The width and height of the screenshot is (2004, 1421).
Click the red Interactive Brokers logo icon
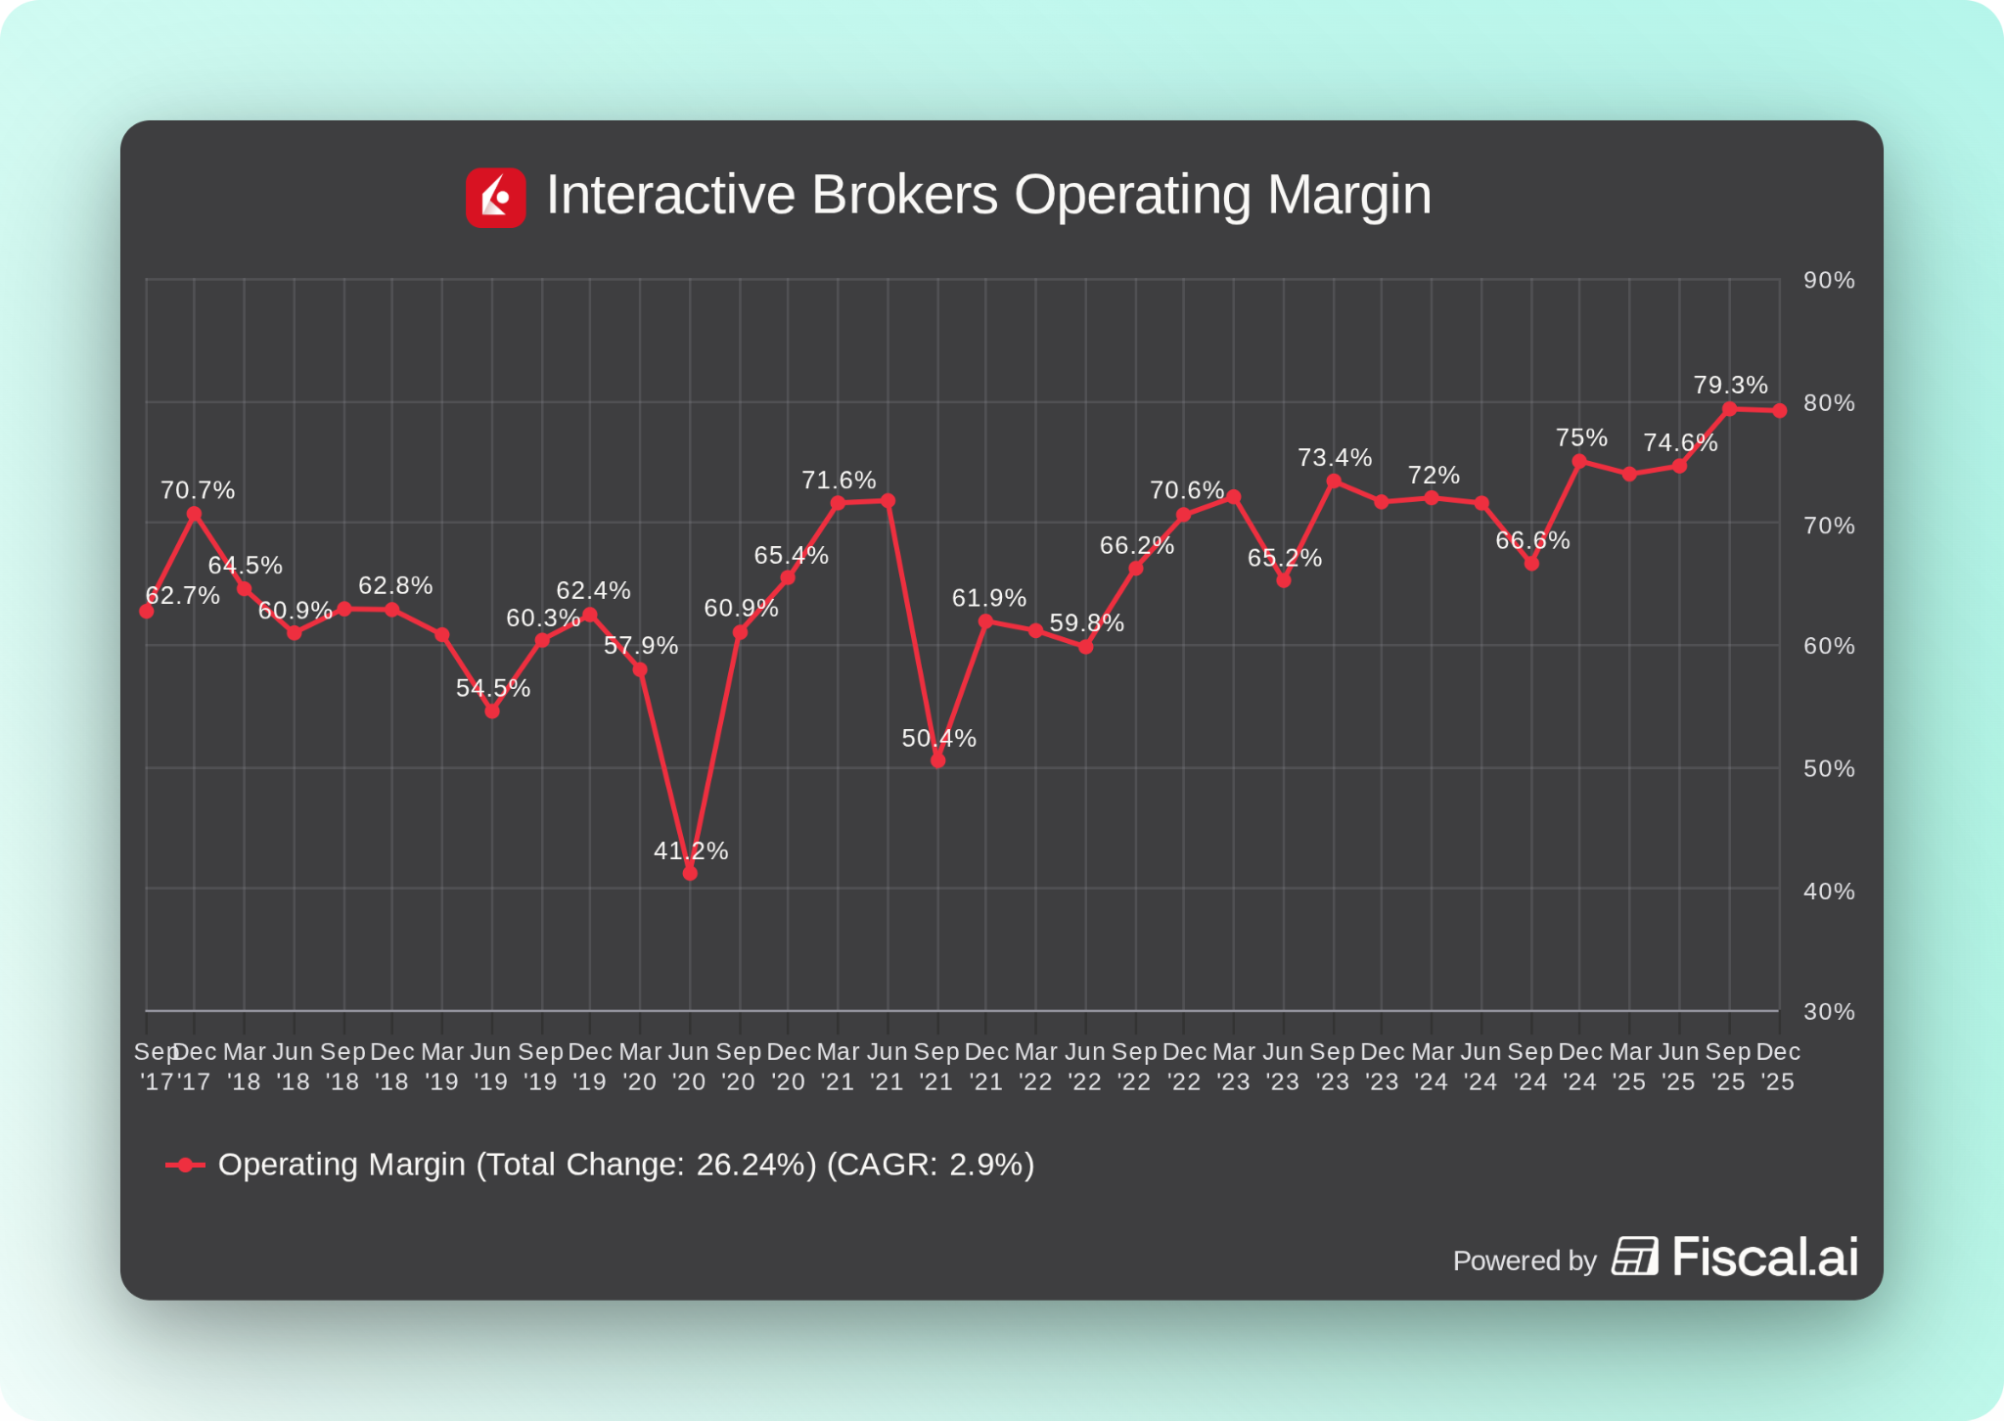(495, 197)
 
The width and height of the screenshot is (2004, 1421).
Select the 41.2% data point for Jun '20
(690, 873)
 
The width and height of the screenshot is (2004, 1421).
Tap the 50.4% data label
(938, 738)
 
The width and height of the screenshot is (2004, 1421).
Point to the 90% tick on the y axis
(1828, 281)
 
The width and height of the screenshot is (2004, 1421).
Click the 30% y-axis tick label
(1828, 1012)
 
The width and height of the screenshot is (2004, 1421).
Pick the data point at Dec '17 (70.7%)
(194, 514)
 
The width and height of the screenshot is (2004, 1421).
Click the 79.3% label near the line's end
(1730, 385)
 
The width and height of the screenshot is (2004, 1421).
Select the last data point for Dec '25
(1779, 411)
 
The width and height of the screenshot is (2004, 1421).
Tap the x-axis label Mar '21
(838, 1066)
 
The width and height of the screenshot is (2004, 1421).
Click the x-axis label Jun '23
(1283, 1066)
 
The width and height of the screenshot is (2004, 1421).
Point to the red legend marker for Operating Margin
(185, 1165)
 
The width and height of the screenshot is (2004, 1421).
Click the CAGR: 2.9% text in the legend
(930, 1165)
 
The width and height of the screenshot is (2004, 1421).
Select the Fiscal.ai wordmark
(1763, 1257)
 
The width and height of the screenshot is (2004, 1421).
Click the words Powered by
(1524, 1261)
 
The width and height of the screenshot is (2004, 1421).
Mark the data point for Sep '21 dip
(937, 760)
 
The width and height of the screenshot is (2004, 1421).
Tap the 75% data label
(1581, 437)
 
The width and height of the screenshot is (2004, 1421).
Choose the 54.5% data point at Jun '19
(492, 711)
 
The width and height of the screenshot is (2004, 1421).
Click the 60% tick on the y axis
(1828, 646)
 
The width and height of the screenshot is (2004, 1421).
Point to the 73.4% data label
(1334, 457)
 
